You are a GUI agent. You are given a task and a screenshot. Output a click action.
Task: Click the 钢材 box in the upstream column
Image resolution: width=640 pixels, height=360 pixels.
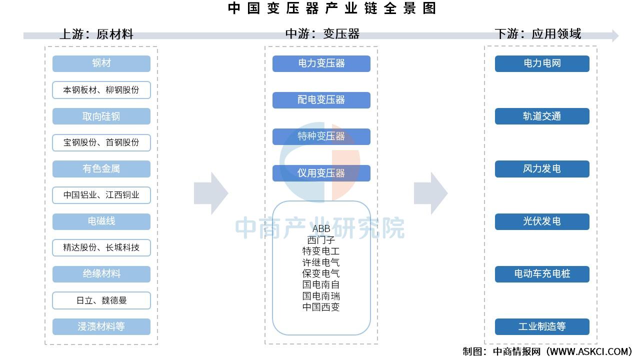[101, 63]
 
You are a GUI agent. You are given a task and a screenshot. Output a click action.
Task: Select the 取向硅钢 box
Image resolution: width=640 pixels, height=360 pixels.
[101, 116]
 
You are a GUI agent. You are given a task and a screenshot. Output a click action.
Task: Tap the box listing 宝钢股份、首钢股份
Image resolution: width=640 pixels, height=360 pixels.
[101, 142]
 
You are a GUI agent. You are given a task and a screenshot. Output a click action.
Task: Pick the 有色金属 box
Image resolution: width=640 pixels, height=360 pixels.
[101, 169]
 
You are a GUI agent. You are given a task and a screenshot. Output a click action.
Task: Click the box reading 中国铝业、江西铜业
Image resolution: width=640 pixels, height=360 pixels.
[101, 195]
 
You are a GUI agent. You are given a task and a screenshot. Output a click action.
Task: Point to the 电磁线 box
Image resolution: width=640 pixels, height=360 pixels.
[101, 221]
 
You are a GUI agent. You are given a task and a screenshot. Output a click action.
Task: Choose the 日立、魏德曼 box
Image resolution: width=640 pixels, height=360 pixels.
[101, 300]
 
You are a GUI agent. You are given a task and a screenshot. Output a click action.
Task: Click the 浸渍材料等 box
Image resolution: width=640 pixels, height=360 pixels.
[101, 326]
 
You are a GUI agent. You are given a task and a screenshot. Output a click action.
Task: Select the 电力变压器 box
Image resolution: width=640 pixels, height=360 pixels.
[321, 63]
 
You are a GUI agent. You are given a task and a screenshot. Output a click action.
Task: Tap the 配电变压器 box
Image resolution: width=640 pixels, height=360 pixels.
[321, 100]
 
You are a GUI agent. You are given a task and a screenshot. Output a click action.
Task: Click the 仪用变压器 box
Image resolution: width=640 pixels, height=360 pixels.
[321, 173]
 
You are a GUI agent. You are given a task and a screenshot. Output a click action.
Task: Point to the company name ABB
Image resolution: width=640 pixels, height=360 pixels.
[321, 228]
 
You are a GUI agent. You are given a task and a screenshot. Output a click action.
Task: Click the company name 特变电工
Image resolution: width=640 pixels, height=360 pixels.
[321, 251]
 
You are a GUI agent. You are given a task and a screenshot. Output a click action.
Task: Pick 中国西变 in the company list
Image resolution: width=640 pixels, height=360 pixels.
[321, 307]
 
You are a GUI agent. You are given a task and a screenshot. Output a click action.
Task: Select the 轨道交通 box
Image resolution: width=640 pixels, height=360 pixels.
[542, 116]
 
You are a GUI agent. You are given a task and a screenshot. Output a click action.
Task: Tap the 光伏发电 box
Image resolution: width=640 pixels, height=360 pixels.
[542, 221]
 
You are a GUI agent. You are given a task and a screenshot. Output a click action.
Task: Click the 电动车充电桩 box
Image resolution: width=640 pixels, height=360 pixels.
[542, 274]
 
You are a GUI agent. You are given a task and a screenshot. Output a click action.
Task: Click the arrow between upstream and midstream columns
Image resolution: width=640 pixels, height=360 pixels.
[211, 193]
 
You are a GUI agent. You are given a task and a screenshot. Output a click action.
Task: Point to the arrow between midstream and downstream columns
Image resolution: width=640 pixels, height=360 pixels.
[431, 193]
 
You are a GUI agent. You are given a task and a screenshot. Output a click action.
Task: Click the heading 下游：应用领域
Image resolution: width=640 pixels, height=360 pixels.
[537, 33]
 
